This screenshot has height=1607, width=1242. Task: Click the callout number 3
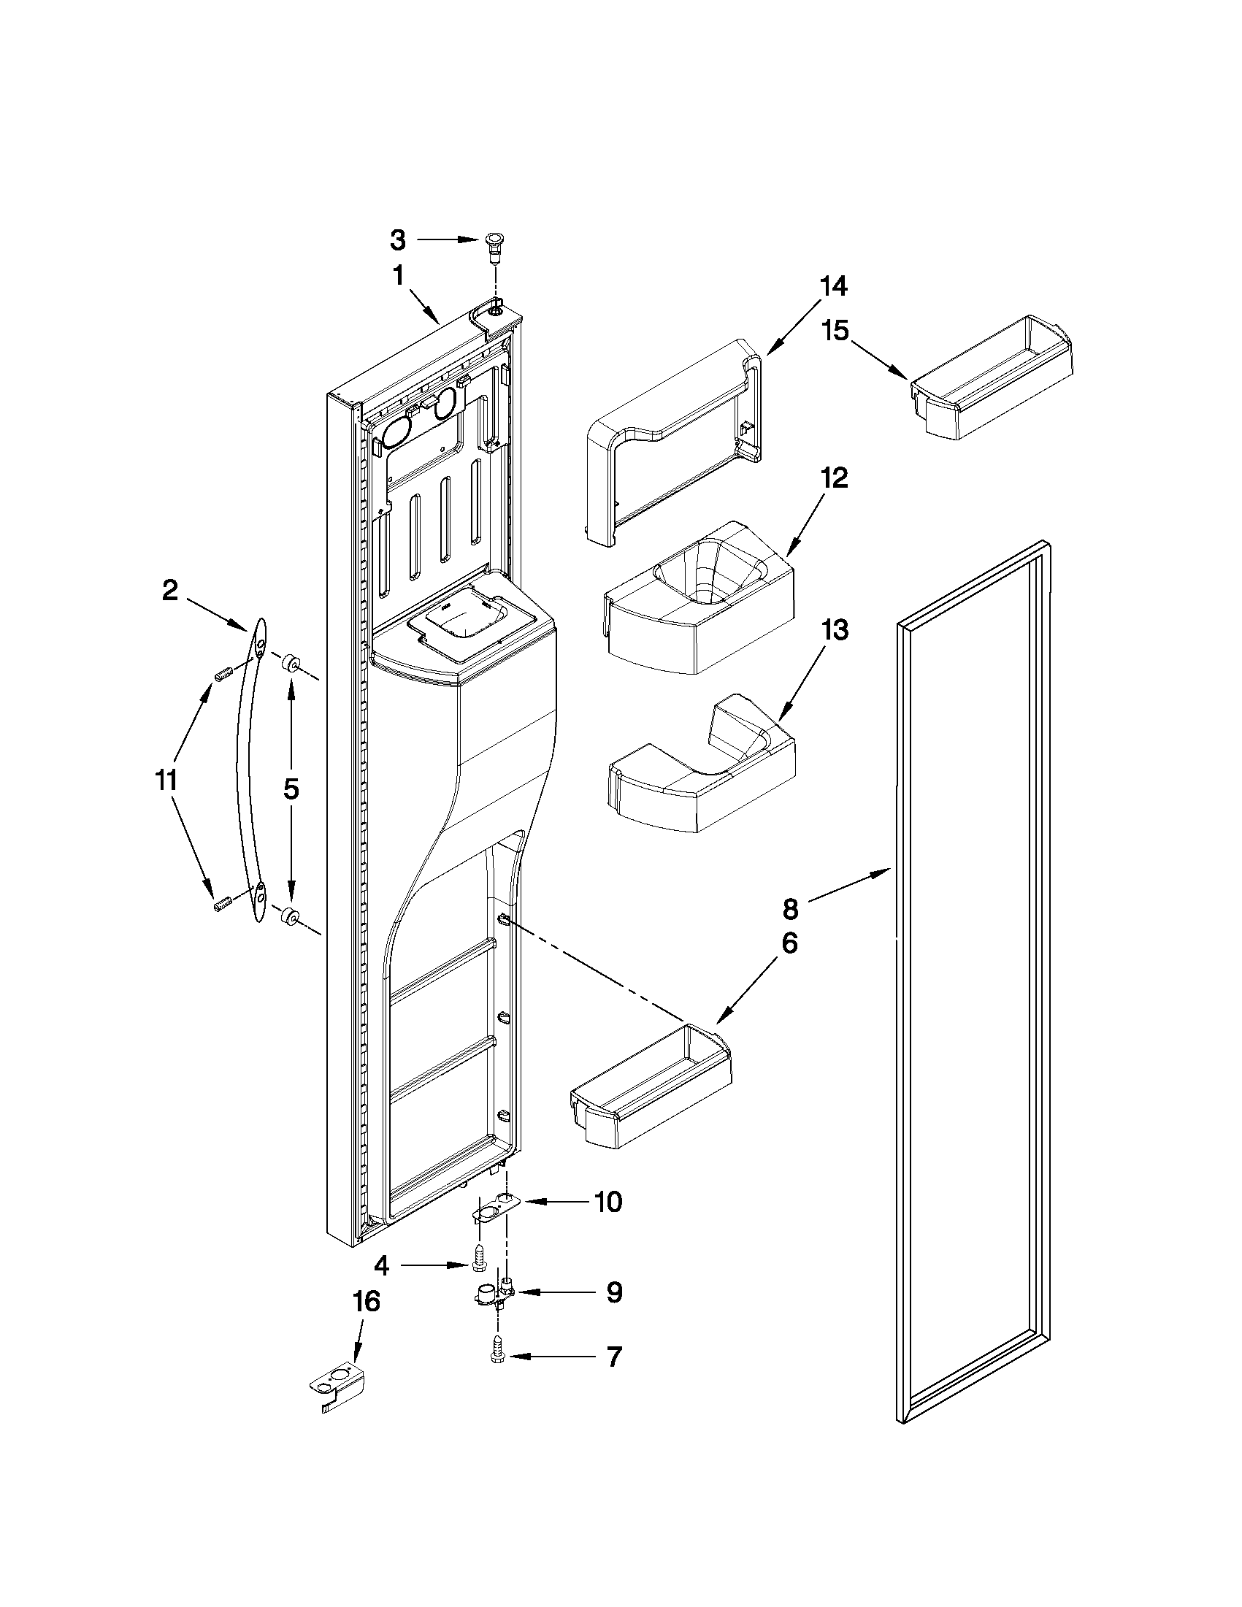click(397, 240)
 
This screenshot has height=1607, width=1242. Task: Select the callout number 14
click(833, 285)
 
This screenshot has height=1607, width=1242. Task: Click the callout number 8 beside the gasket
click(790, 910)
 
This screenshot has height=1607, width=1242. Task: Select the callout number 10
click(607, 1201)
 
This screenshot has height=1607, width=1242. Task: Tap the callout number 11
click(166, 779)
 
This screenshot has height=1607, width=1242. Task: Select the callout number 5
click(291, 789)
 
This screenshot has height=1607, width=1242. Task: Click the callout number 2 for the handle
click(170, 590)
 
